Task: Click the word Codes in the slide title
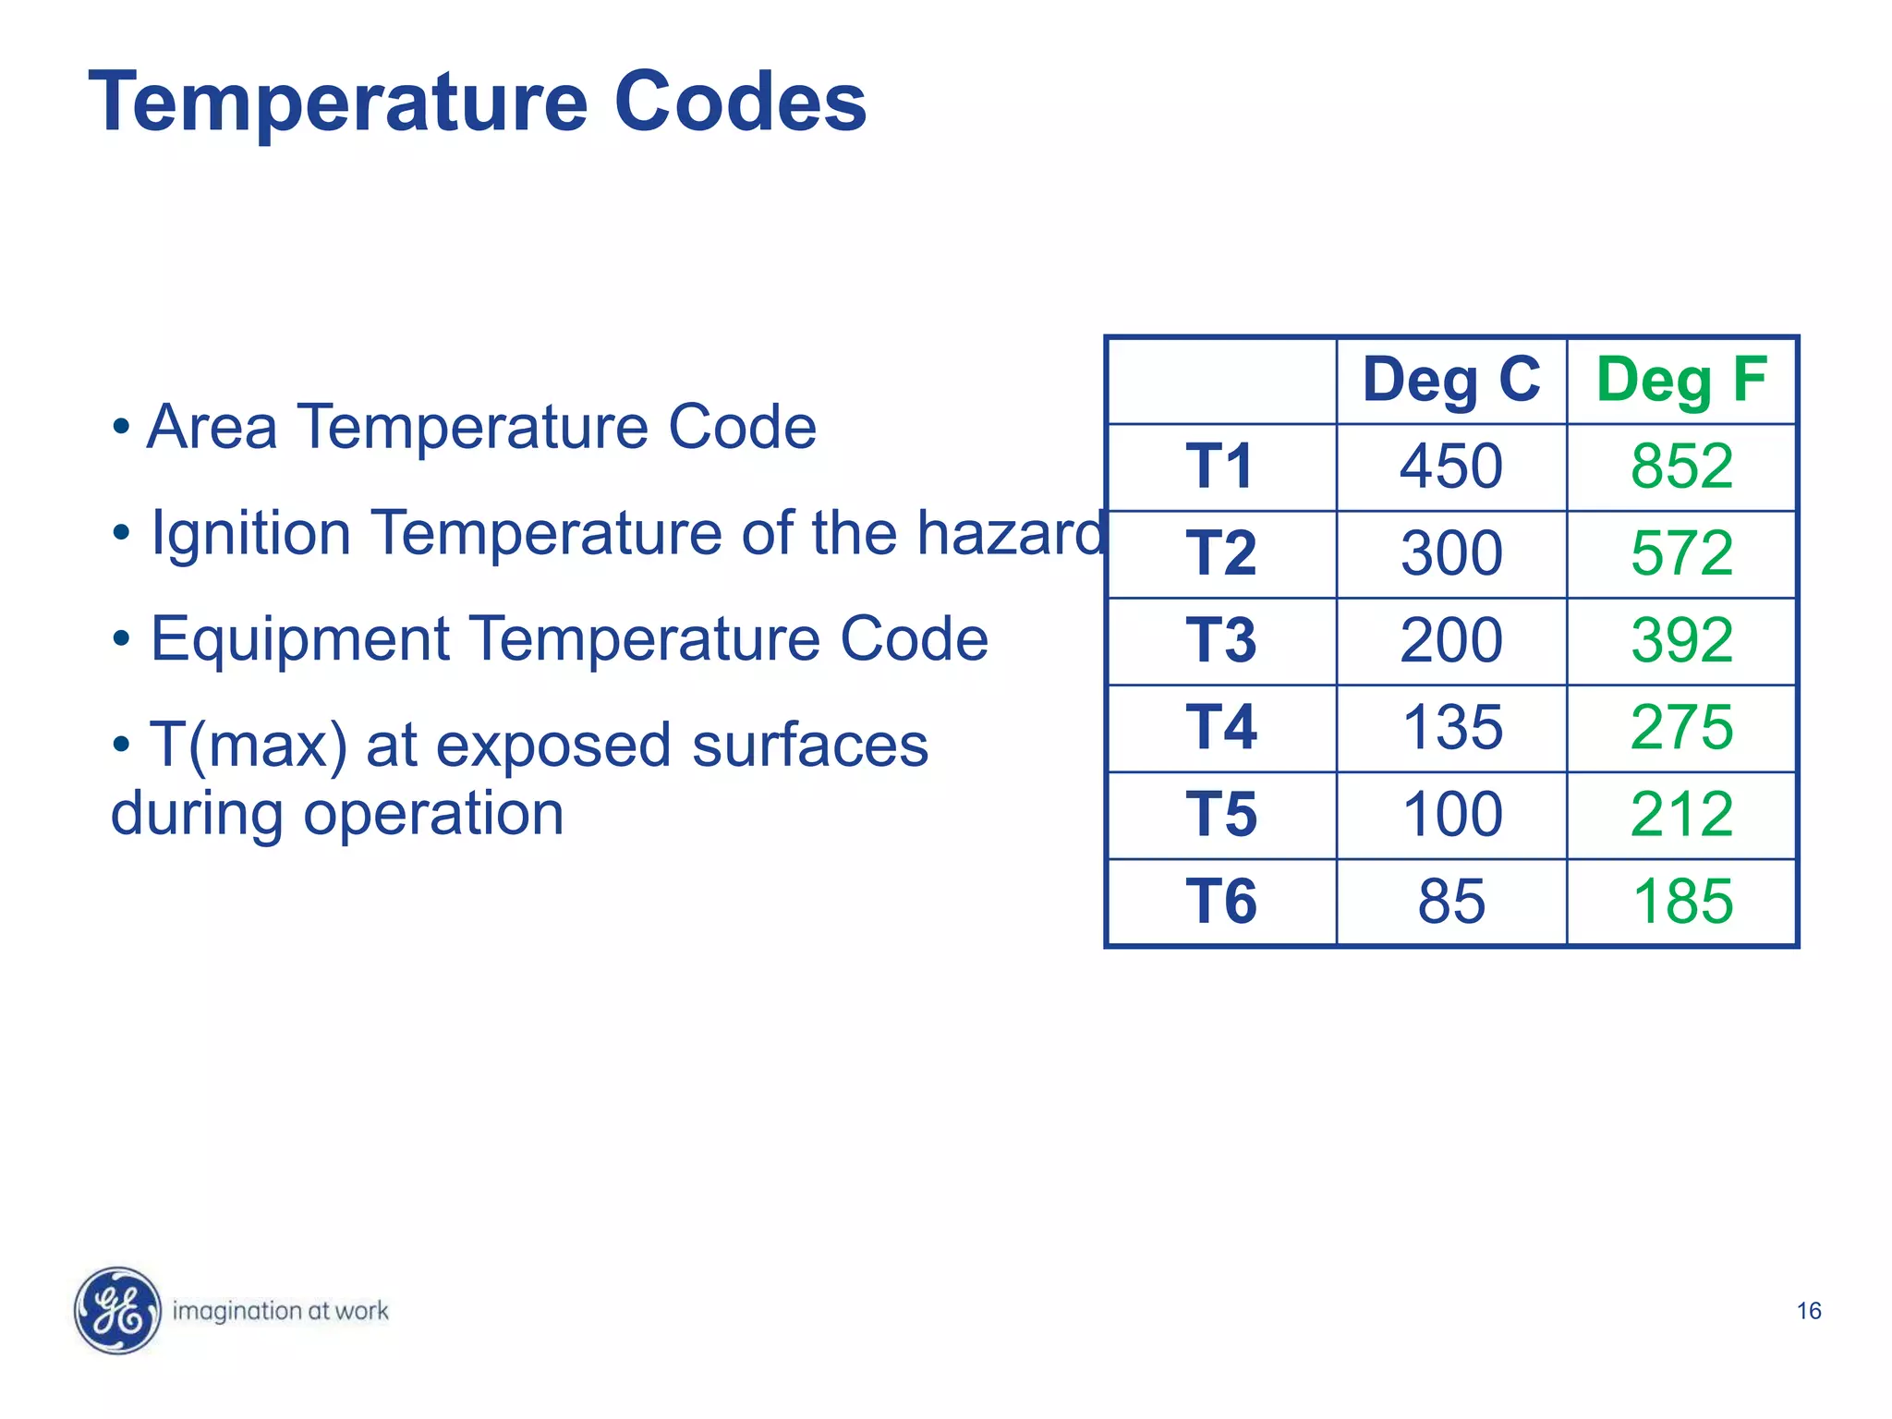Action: [x=739, y=102]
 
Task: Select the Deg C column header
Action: [x=1450, y=380]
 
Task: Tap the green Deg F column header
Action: [x=1681, y=380]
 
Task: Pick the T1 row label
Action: [x=1220, y=467]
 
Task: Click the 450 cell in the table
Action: [x=1450, y=467]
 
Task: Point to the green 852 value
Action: [x=1681, y=467]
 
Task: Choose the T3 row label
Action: [x=1220, y=640]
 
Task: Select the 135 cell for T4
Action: [x=1451, y=727]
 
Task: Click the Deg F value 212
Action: [x=1681, y=815]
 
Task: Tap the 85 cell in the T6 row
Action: [x=1451, y=902]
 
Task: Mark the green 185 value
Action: [x=1682, y=902]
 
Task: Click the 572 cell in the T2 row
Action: [x=1681, y=553]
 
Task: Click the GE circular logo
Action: [x=117, y=1310]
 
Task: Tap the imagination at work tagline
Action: [x=280, y=1311]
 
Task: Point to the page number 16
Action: [x=1808, y=1311]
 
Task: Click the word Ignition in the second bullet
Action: [x=250, y=534]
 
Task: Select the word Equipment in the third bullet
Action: [x=299, y=640]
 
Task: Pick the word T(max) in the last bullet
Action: [x=249, y=746]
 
